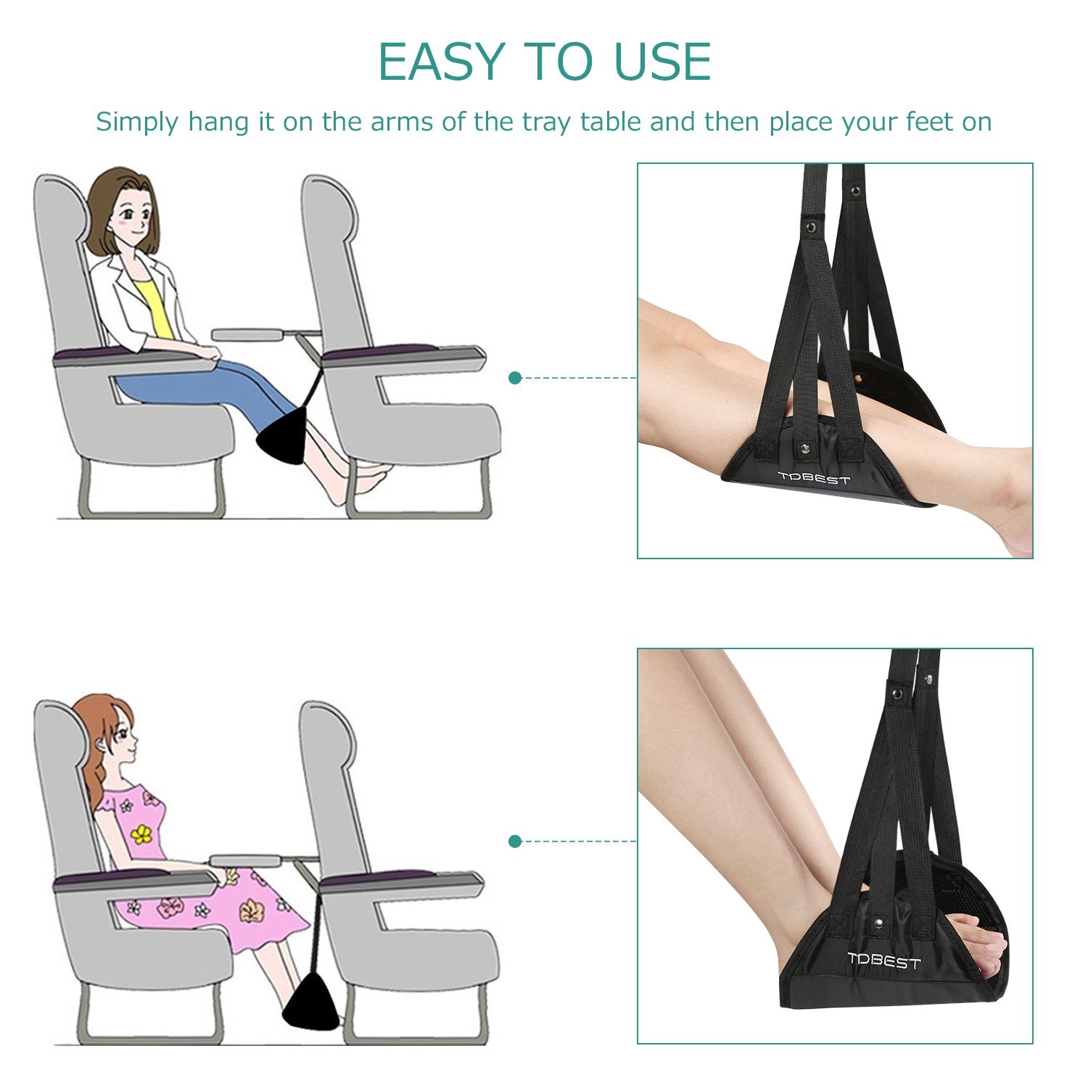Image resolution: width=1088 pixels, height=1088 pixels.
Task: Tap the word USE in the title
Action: coord(662,62)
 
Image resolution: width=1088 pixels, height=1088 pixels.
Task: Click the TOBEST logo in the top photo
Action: coord(813,478)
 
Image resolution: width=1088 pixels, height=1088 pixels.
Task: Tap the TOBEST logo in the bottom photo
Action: coord(883,961)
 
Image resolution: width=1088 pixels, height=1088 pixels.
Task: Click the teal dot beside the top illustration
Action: coord(515,378)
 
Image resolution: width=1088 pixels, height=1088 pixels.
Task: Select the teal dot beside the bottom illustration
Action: coord(515,841)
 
